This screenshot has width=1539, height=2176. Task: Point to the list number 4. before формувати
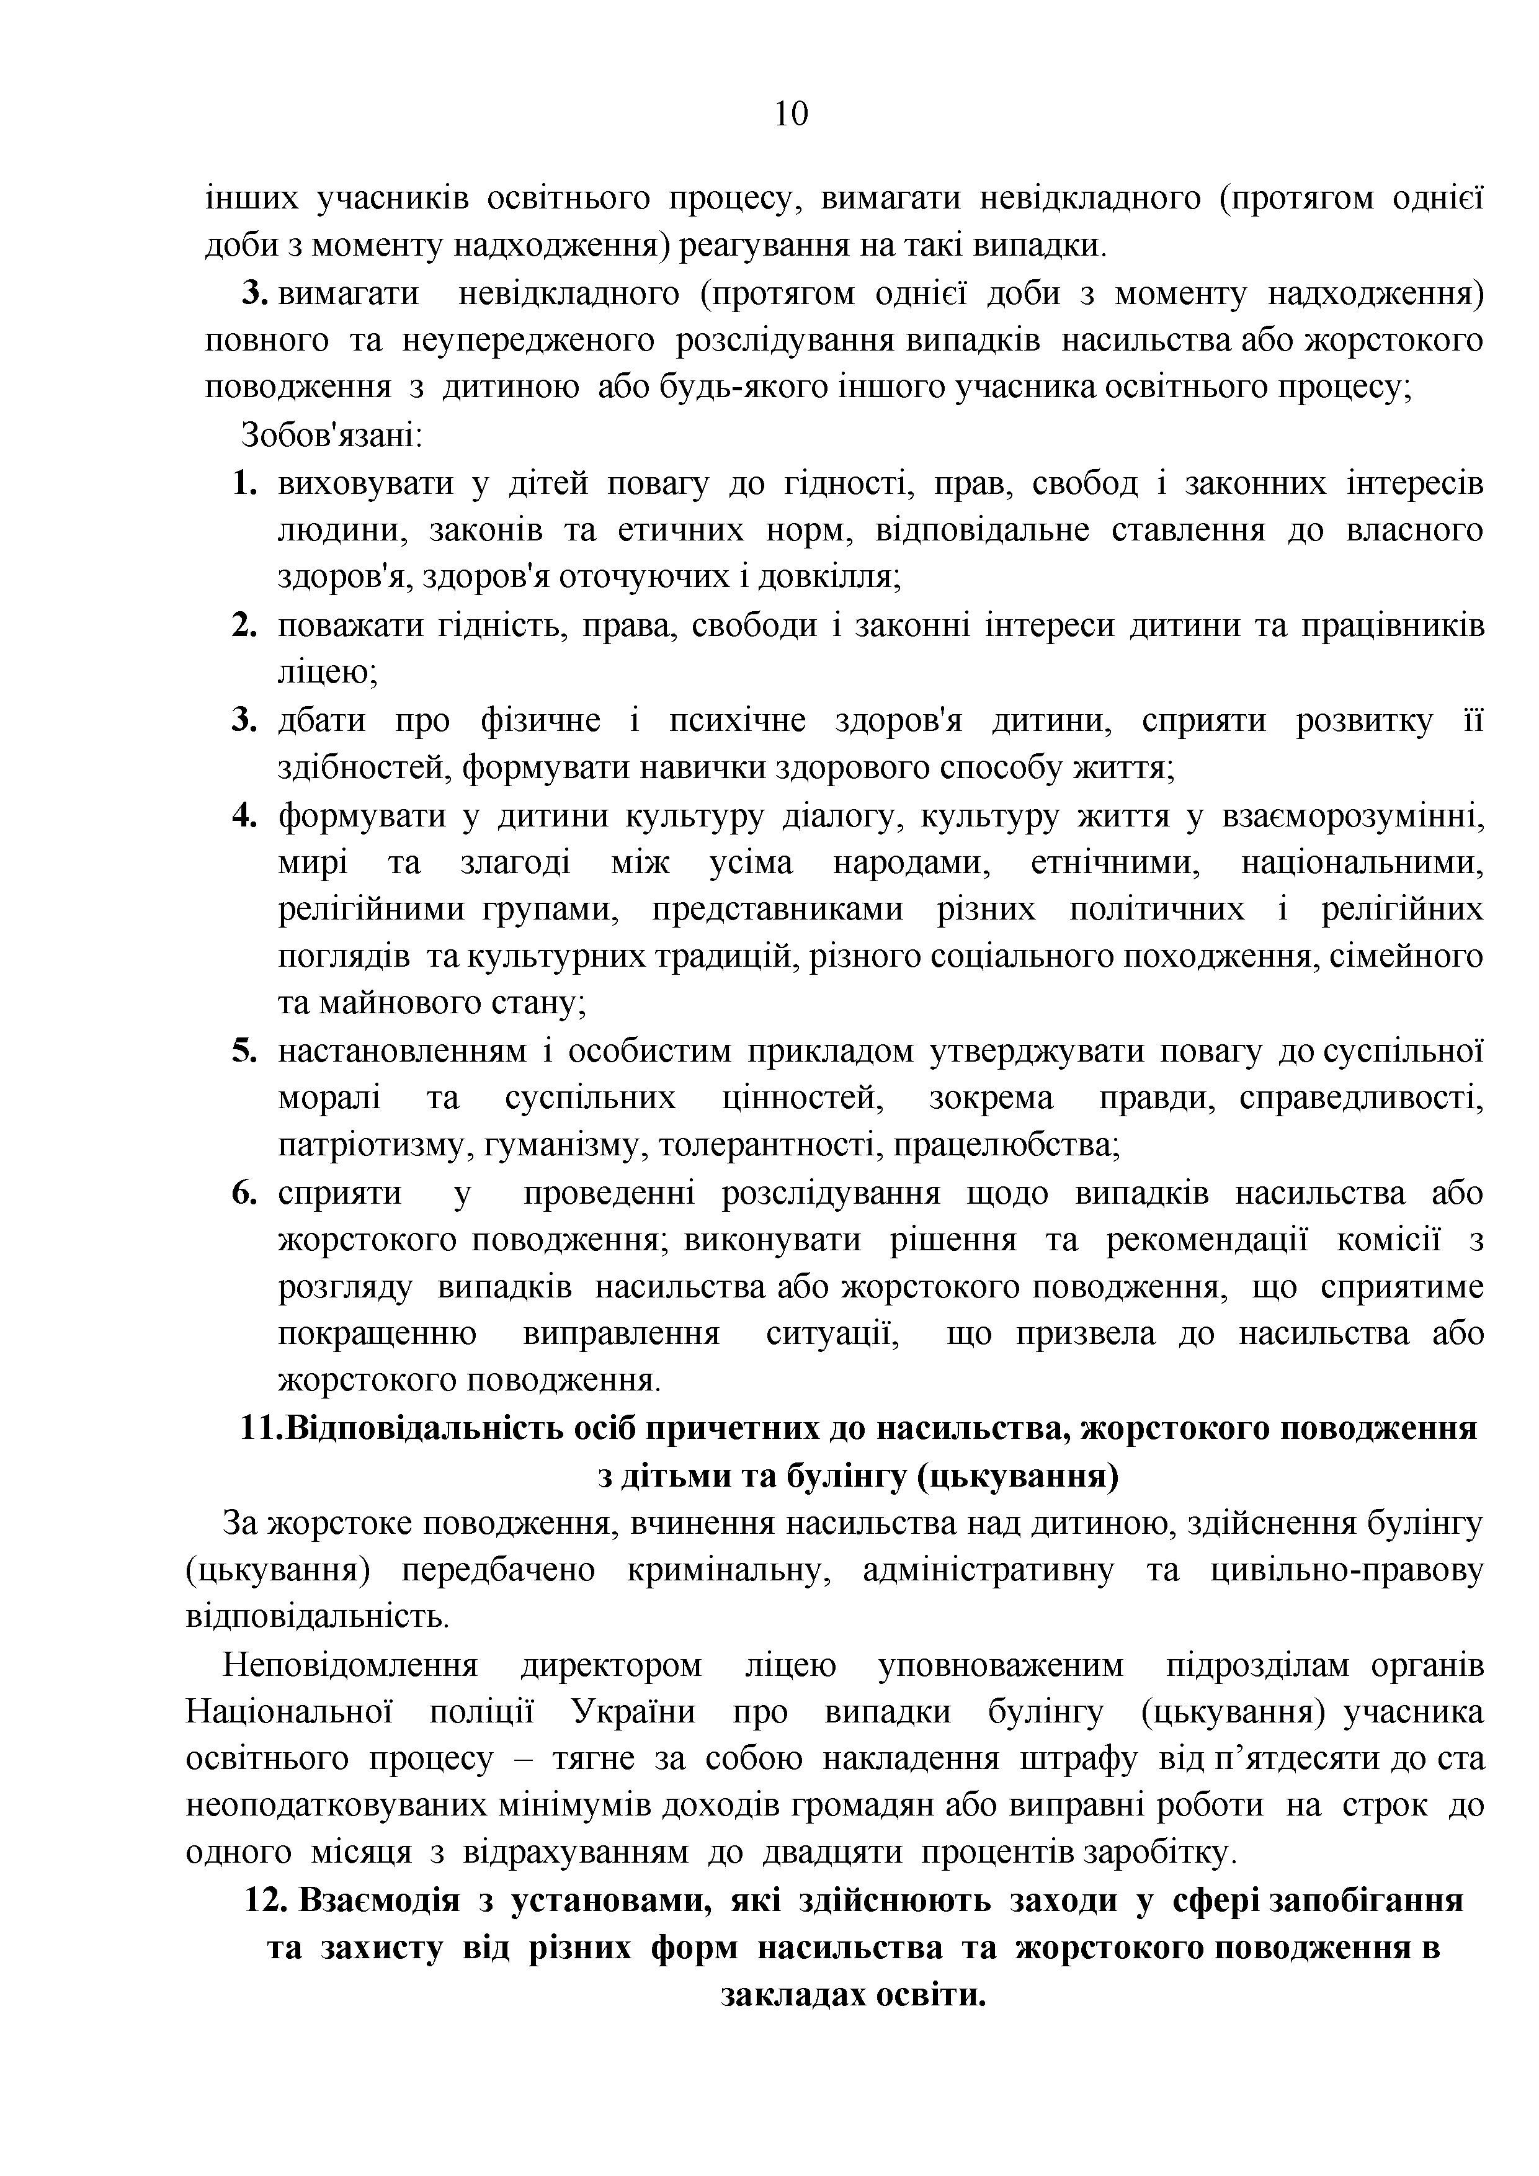(244, 815)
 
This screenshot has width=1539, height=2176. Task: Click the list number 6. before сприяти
(244, 1193)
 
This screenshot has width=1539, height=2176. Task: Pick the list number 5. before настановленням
(244, 1051)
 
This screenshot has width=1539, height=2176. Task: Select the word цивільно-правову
(1347, 1570)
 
